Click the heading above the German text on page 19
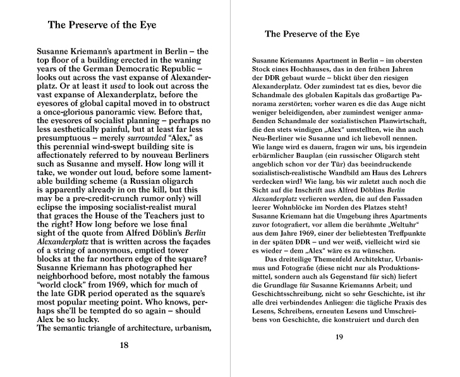[x=312, y=33]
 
